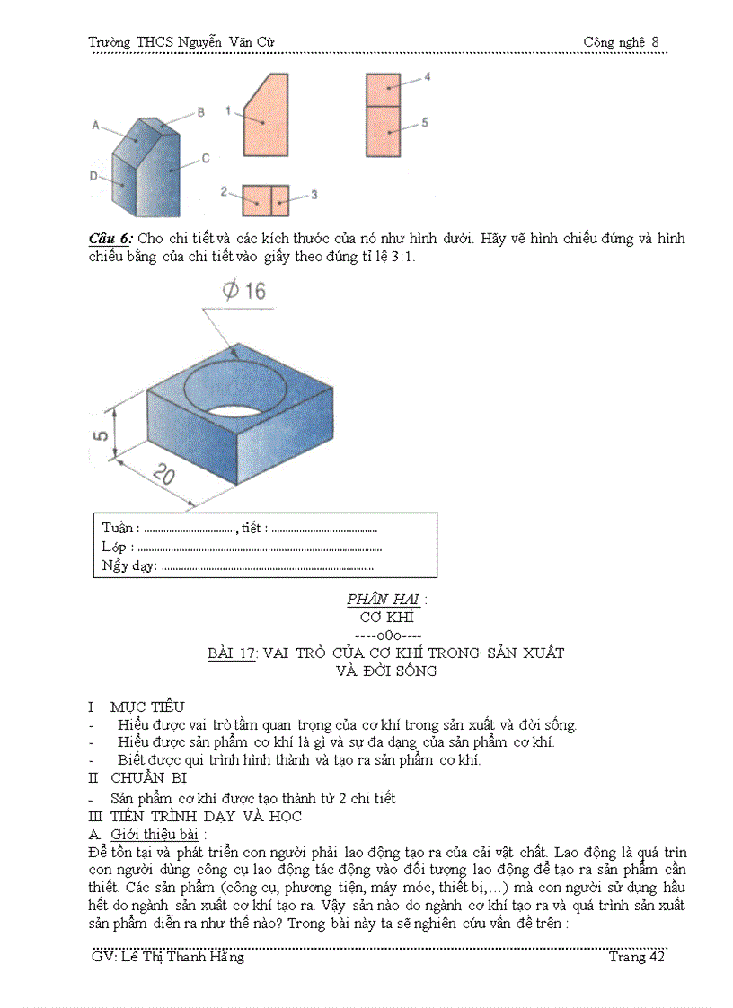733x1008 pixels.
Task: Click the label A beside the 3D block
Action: point(95,127)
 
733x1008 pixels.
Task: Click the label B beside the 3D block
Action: point(201,112)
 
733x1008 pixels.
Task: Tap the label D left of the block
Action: point(93,177)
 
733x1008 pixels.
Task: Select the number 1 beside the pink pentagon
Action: point(228,110)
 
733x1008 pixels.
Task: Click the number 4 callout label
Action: point(427,78)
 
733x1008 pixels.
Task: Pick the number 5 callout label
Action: point(425,122)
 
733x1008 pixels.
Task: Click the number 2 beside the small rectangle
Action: point(224,192)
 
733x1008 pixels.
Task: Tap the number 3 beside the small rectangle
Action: point(314,194)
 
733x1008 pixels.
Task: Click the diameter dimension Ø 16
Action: point(243,291)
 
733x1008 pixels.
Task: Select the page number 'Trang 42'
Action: point(636,957)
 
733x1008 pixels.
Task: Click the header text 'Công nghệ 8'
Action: point(621,42)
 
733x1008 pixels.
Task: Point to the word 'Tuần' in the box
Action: point(119,528)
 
